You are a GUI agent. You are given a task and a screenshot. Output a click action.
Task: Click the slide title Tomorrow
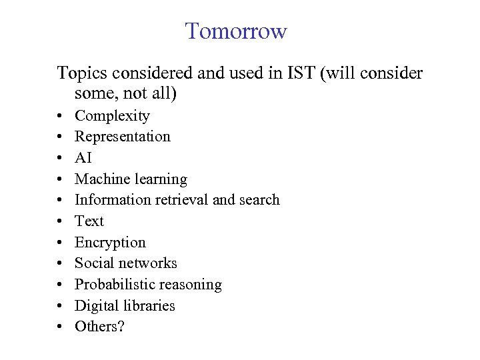[x=236, y=31]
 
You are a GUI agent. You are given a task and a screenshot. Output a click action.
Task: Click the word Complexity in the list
[x=112, y=116]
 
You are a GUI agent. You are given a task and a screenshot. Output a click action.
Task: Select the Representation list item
[x=122, y=137]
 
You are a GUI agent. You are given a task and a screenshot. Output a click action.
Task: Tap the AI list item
[x=83, y=158]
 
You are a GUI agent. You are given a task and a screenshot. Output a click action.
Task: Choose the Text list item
[x=89, y=221]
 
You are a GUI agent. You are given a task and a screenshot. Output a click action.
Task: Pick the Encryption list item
[x=110, y=243]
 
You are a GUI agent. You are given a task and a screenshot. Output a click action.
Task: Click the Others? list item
[x=99, y=327]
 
